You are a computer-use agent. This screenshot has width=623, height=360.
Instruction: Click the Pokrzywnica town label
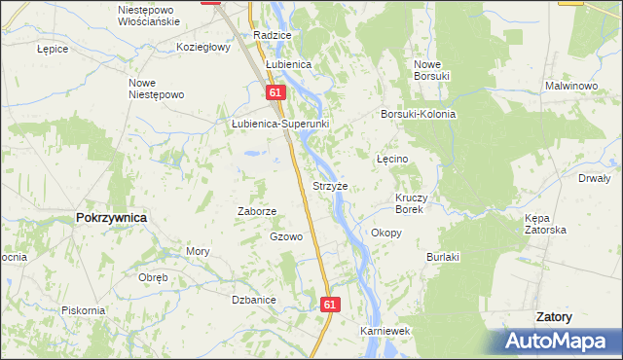click(111, 218)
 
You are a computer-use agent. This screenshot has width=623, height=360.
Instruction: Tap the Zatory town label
click(554, 317)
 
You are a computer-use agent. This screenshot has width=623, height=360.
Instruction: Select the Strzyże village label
click(330, 186)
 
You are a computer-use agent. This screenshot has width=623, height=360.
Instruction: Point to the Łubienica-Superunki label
click(280, 125)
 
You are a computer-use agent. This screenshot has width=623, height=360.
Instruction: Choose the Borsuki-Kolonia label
click(419, 114)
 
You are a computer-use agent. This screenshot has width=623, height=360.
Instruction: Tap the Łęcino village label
click(392, 158)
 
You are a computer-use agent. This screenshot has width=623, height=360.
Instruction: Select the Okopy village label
click(386, 233)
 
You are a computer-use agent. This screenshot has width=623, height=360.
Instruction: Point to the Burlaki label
click(442, 257)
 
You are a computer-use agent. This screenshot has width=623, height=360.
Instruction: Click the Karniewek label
click(385, 331)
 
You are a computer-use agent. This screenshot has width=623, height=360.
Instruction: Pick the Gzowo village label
click(286, 236)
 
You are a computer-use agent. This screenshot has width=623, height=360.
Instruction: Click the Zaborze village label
click(258, 210)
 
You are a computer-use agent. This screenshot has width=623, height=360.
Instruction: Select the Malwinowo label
click(570, 86)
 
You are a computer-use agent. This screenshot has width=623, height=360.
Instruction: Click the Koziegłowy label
click(202, 46)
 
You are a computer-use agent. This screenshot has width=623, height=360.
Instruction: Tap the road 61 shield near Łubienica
click(275, 91)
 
